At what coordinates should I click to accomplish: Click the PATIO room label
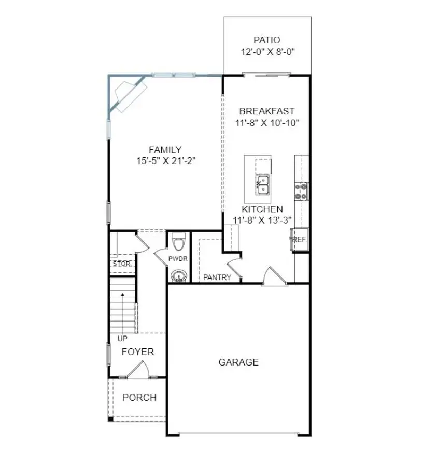[267, 40]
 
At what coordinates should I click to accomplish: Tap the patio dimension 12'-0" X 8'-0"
[267, 52]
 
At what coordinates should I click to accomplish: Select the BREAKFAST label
[267, 111]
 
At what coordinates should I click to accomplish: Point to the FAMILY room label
[165, 150]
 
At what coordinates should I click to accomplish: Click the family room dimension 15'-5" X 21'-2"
[165, 161]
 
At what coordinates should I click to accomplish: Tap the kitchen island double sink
[263, 184]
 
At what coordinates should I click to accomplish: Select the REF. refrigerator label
[300, 240]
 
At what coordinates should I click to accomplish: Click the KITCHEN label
[262, 209]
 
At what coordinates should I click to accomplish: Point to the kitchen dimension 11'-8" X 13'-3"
[262, 220]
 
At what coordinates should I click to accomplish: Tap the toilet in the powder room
[178, 241]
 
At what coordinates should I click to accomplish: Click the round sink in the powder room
[179, 275]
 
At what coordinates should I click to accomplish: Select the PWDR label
[178, 259]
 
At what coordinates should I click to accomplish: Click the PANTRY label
[217, 277]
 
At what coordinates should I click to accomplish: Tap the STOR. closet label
[121, 264]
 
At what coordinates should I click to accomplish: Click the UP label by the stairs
[122, 339]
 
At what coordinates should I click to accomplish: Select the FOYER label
[138, 352]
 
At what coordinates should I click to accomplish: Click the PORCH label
[139, 398]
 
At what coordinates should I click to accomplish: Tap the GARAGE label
[238, 362]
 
